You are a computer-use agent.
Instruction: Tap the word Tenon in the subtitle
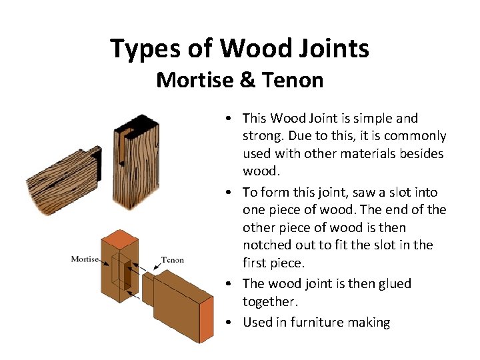(x=293, y=81)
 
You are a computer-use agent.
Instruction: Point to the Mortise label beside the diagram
(x=85, y=259)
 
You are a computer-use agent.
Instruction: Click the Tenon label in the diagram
(x=172, y=259)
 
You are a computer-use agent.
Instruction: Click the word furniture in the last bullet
(x=307, y=322)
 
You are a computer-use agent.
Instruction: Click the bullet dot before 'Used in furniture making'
(x=229, y=323)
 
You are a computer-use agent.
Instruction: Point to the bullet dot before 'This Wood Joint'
(x=229, y=119)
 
